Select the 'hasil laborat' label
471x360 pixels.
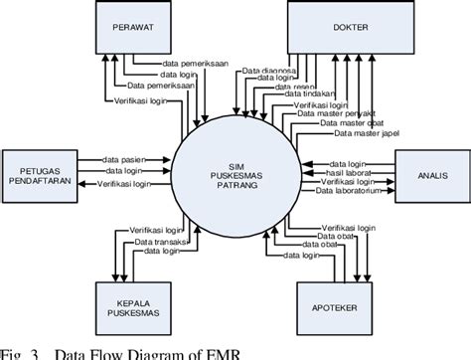click(x=353, y=172)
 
